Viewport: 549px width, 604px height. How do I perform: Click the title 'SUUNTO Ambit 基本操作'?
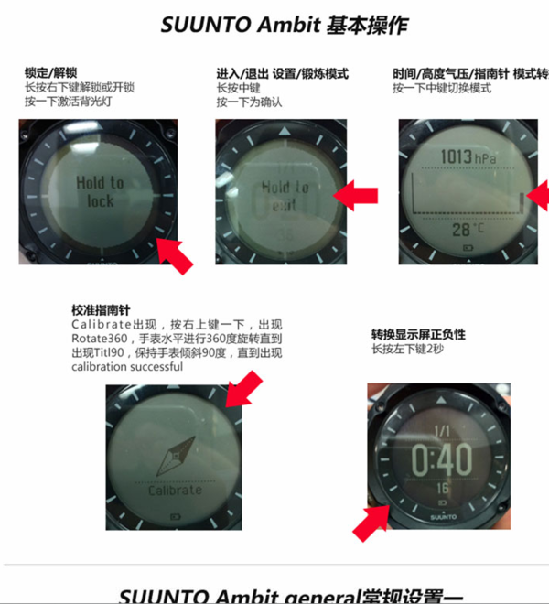tap(275, 25)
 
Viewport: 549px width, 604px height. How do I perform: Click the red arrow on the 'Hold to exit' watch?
tap(355, 193)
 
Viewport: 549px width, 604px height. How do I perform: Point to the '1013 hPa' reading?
tap(467, 157)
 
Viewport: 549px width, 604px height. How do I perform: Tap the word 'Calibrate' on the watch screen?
tap(174, 491)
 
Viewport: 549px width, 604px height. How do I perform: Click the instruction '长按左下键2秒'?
tap(408, 349)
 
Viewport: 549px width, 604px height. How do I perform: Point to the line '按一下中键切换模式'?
tap(442, 88)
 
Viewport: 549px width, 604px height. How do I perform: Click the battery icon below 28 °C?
tap(470, 247)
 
